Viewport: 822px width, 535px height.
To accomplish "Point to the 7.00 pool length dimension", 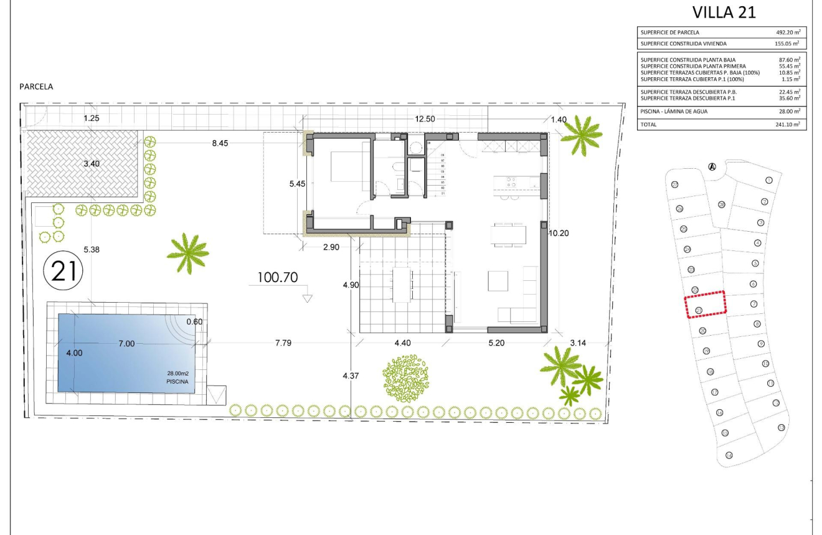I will [127, 343].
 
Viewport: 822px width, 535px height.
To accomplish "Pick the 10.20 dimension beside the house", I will [560, 233].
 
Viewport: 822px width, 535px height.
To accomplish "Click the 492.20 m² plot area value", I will [783, 33].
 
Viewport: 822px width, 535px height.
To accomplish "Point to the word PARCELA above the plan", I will [36, 87].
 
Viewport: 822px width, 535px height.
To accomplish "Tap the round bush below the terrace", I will [405, 378].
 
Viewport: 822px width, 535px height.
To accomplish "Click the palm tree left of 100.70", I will [187, 252].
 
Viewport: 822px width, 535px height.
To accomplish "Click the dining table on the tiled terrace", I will [402, 284].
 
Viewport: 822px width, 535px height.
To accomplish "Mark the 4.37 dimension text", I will [351, 376].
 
